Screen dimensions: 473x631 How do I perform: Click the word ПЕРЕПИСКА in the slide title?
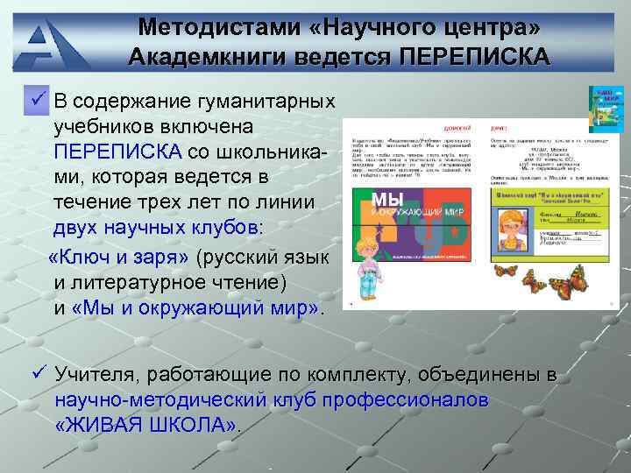click(474, 58)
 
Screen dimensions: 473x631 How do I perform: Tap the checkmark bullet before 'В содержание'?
click(39, 101)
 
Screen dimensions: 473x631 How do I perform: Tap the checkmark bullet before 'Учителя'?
click(39, 375)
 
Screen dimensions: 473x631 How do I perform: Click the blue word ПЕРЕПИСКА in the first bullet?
click(117, 152)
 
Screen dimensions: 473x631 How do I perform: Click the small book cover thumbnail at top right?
click(605, 109)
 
